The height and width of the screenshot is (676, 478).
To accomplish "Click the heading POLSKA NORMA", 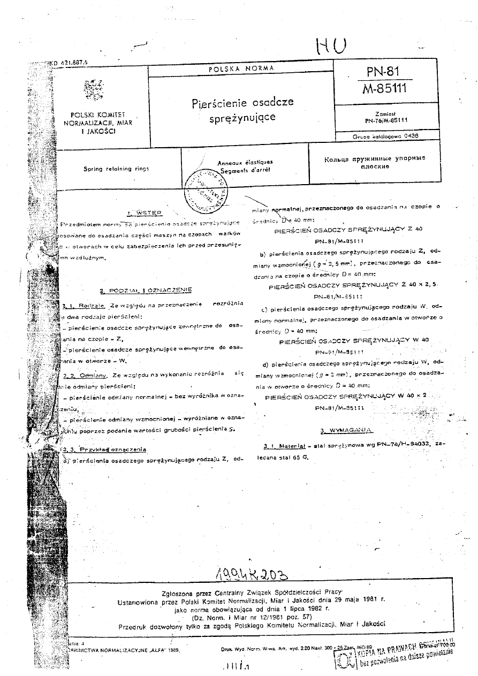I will tap(240, 69).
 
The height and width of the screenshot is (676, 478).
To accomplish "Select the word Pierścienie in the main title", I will tap(215, 103).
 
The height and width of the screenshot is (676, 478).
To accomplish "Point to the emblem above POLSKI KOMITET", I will tap(94, 89).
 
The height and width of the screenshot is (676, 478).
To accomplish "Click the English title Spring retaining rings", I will tap(116, 169).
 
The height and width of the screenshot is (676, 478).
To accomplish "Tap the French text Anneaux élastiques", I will tap(245, 162).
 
